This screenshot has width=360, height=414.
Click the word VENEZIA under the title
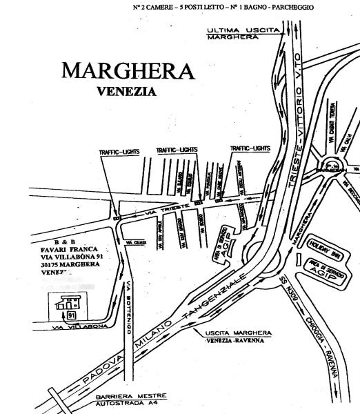pos(126,90)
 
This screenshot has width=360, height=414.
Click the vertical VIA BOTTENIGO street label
pos(128,304)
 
